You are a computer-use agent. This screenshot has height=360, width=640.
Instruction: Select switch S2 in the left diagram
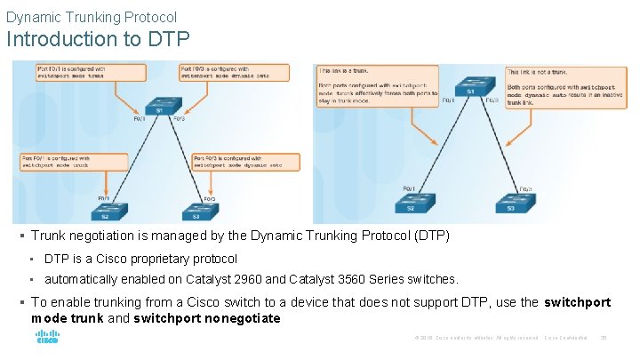point(105,212)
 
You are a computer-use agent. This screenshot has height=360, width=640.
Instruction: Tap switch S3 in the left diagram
point(196,212)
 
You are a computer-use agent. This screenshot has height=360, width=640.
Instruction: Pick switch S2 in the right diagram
point(411,204)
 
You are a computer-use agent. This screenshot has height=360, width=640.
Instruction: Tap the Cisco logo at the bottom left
point(46,339)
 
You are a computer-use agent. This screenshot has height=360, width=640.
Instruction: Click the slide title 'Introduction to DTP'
point(98,39)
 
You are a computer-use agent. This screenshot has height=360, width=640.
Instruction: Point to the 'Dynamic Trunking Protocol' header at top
point(92,17)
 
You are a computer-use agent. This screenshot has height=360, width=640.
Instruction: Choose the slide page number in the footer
point(604,338)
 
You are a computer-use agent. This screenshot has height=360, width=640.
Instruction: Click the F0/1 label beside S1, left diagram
point(140,118)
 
